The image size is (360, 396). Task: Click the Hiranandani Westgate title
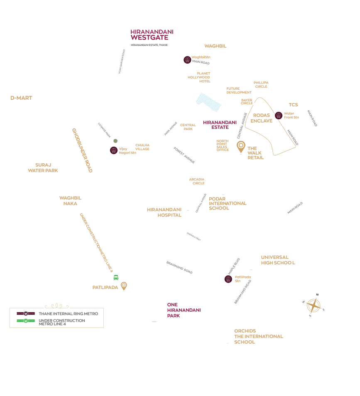pyautogui.click(x=152, y=35)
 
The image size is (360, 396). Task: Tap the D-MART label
pyautogui.click(x=21, y=98)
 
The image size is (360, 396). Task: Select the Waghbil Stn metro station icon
pyautogui.click(x=187, y=60)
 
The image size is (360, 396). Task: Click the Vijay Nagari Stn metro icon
pyautogui.click(x=113, y=150)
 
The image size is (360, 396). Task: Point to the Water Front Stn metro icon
pyautogui.click(x=279, y=115)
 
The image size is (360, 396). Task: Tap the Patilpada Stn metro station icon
pyautogui.click(x=228, y=279)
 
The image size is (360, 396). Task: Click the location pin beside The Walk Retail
pyautogui.click(x=241, y=147)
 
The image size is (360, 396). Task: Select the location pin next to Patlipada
pyautogui.click(x=124, y=286)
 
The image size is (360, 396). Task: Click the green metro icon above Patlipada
pyautogui.click(x=116, y=277)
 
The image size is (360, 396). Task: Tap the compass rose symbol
pyautogui.click(x=313, y=305)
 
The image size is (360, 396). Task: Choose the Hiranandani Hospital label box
pyautogui.click(x=164, y=212)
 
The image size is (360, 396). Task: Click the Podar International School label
pyautogui.click(x=228, y=203)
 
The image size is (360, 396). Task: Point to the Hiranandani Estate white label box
pyautogui.click(x=219, y=125)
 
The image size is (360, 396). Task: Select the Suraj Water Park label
pyautogui.click(x=43, y=168)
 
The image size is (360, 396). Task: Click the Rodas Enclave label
pyautogui.click(x=261, y=118)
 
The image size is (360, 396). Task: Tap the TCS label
pyautogui.click(x=293, y=105)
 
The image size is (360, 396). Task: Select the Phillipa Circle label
pyautogui.click(x=261, y=84)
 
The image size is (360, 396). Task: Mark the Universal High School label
pyautogui.click(x=277, y=260)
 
